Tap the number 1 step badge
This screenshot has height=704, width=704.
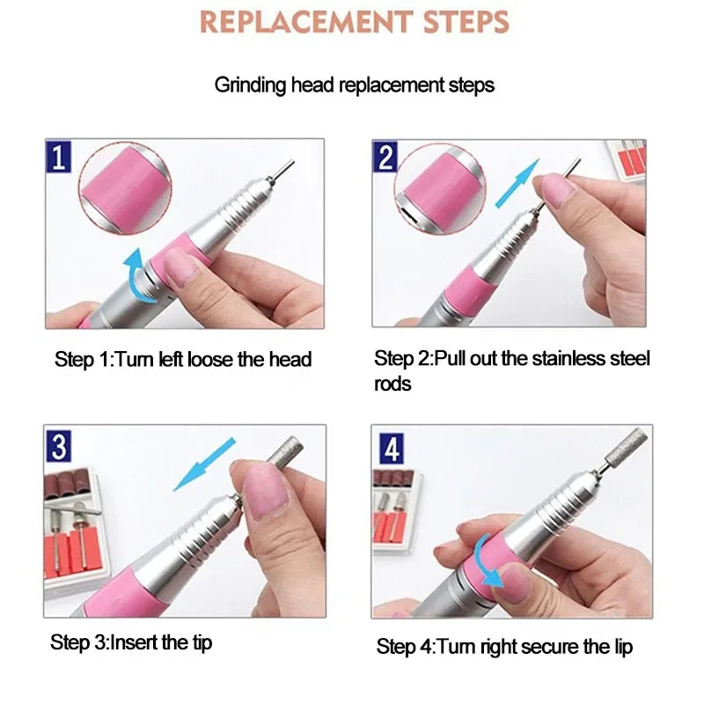60,158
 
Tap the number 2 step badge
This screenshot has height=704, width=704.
387,158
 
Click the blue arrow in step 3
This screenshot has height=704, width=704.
204,464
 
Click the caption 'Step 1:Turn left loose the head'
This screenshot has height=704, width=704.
183,358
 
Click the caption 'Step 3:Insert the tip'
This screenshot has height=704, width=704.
133,643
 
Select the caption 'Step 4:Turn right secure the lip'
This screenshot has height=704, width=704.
504,647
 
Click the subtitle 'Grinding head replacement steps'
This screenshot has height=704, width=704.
355,85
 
